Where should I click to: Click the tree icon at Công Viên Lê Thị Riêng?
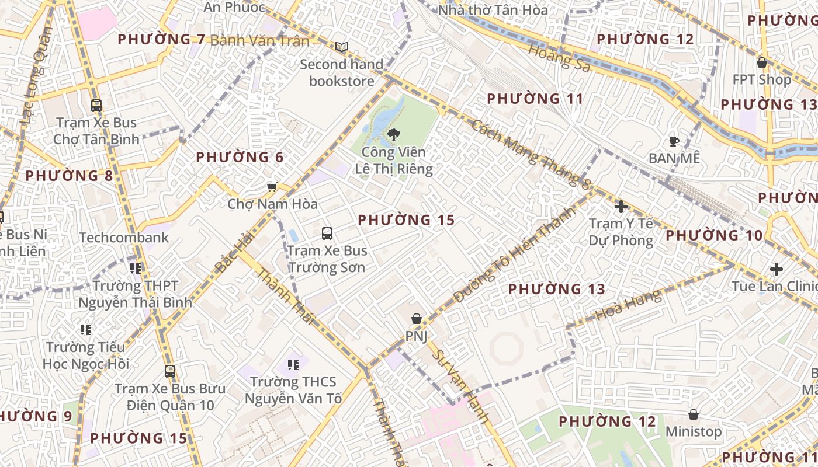394,135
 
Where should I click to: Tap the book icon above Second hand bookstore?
342,47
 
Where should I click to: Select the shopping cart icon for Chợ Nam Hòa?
272,187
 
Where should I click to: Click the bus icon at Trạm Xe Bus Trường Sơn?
327,233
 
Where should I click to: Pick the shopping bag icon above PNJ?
417,319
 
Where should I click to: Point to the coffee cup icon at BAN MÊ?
674,141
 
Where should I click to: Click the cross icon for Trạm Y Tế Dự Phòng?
621,207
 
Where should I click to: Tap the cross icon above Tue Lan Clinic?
777,269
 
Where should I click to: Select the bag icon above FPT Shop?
762,62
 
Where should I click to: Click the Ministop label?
694,432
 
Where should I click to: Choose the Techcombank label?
124,238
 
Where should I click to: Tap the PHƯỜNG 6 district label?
240,157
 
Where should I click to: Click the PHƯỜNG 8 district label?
70,176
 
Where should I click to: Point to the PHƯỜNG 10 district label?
714,235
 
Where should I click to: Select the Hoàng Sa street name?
559,57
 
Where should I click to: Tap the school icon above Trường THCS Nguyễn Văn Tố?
293,365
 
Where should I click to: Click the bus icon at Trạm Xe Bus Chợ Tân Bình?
96,106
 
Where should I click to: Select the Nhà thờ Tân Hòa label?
493,10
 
